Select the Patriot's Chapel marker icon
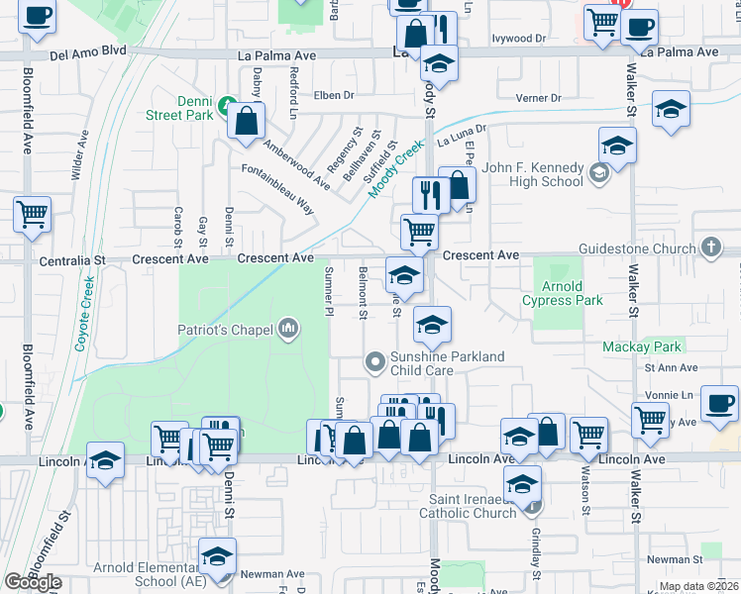tap(288, 328)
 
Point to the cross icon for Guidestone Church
tap(710, 247)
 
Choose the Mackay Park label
tap(642, 346)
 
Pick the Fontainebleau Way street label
tap(278, 189)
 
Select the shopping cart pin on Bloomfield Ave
tap(33, 213)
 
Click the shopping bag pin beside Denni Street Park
tap(246, 122)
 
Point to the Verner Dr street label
tap(539, 98)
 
